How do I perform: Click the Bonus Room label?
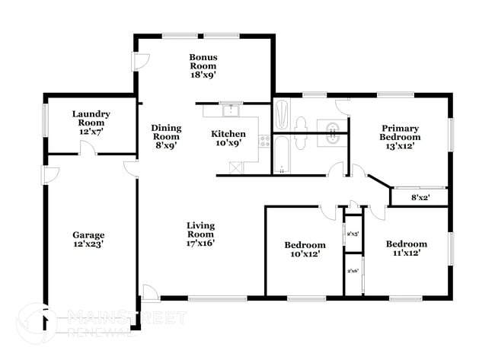[204, 65]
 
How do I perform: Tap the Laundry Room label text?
[91, 123]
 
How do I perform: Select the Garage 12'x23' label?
[88, 240]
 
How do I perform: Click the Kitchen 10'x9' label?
[228, 139]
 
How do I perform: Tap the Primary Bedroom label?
[401, 137]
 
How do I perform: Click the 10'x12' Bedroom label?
[305, 250]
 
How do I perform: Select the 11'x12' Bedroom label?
[406, 248]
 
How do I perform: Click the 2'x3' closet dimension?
[353, 234]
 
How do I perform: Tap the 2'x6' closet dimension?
[353, 271]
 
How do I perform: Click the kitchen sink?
[230, 112]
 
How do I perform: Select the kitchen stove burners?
[264, 141]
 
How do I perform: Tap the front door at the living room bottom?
[150, 292]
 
